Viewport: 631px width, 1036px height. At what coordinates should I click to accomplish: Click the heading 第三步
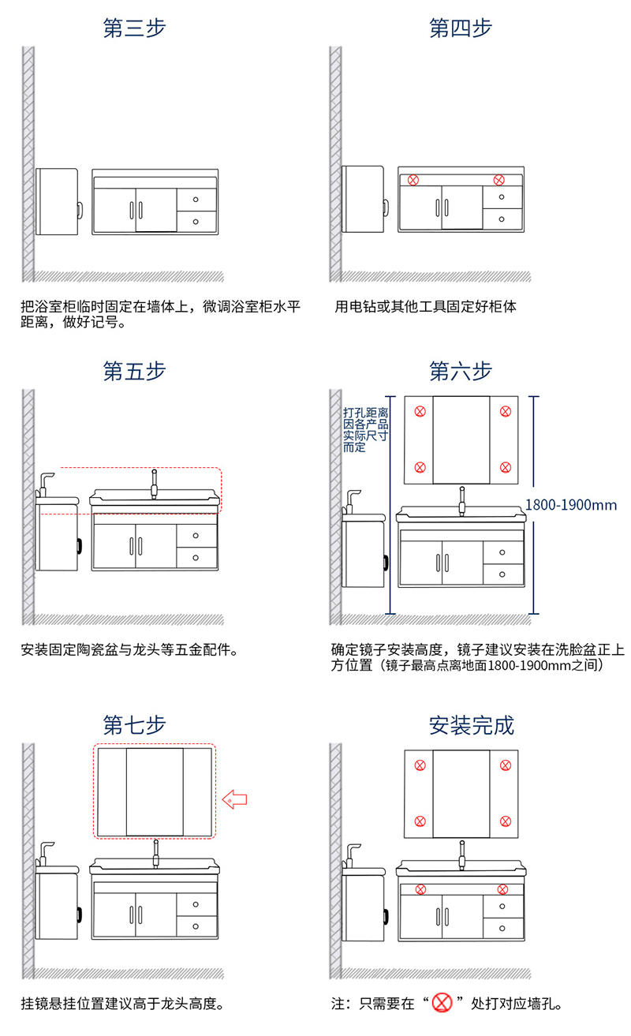pos(134,28)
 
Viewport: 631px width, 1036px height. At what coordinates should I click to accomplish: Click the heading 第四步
pos(461,28)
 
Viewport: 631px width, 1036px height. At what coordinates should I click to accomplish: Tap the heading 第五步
pos(134,371)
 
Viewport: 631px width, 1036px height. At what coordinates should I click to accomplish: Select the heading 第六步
pos(461,371)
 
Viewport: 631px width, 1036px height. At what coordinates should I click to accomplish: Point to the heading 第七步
pos(134,725)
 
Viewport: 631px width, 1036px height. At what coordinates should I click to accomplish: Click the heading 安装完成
pos(472,725)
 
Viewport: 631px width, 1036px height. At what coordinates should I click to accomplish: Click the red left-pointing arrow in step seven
pos(235,799)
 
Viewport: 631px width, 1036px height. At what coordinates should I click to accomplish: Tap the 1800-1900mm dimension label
pos(571,505)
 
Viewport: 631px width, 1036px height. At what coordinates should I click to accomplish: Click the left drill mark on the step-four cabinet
pos(413,180)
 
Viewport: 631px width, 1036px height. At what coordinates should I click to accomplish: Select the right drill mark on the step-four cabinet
pos(498,180)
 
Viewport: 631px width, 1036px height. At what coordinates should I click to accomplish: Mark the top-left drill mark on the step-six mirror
pos(420,411)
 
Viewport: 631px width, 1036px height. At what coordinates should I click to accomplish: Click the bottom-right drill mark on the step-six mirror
pos(506,467)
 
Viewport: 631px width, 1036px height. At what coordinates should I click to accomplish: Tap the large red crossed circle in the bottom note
pos(442,1003)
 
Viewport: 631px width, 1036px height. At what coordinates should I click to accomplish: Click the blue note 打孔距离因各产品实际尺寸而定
pos(365,430)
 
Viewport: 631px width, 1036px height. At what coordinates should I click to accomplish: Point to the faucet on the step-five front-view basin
pos(155,484)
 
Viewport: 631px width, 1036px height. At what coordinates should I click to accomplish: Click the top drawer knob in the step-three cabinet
pos(196,200)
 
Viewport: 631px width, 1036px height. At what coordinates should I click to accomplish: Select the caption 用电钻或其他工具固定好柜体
pos(425,306)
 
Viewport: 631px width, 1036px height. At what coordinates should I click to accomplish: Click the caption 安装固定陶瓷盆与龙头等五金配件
pos(129,650)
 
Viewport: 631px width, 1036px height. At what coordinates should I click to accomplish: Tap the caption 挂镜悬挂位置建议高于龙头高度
pos(122,1004)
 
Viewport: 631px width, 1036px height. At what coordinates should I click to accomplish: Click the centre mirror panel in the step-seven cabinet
pos(155,792)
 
